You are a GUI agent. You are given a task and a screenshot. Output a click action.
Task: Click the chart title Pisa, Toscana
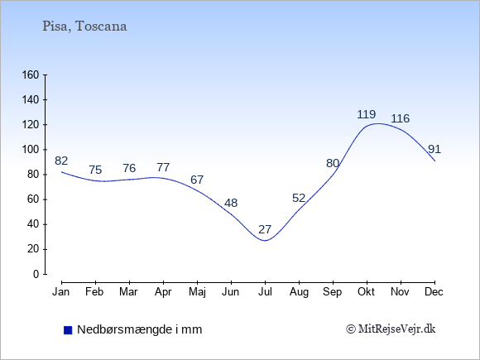84,26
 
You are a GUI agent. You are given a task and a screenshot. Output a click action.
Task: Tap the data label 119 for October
367,114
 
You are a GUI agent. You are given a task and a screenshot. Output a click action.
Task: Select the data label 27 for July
265,229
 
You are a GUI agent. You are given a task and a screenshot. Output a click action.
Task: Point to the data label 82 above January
61,161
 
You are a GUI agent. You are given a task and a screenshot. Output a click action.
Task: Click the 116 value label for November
400,118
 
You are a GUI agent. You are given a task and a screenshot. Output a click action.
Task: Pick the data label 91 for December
434,150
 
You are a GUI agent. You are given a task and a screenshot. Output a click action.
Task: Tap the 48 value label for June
231,203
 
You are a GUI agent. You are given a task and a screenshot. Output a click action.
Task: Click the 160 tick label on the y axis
31,75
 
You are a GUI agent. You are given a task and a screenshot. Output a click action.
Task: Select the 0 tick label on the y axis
36,274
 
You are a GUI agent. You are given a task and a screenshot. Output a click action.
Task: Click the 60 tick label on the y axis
33,199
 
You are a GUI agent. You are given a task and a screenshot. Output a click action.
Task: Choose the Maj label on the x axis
197,292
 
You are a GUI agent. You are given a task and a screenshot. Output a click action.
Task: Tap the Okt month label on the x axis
366,292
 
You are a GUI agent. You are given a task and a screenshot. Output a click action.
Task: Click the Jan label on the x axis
61,292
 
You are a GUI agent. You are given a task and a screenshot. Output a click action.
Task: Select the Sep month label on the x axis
333,292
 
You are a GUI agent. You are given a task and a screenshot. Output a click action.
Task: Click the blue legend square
68,330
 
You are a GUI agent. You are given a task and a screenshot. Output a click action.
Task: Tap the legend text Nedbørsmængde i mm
140,329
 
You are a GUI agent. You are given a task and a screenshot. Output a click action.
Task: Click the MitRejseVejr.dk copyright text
391,329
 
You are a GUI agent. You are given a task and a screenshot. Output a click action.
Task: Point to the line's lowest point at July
265,241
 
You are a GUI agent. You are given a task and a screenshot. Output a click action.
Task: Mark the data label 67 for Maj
197,180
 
